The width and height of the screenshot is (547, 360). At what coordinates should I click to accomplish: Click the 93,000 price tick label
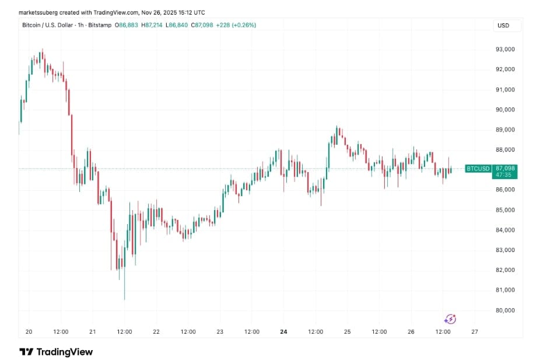504,50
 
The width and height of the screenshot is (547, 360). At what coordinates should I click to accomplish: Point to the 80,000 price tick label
504,310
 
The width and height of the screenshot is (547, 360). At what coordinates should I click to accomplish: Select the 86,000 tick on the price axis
504,190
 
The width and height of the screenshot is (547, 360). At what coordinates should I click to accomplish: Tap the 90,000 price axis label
504,110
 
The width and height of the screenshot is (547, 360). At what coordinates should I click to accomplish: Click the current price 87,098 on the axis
506,168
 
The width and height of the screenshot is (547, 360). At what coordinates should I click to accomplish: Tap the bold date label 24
283,331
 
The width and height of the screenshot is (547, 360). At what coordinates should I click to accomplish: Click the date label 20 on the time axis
29,331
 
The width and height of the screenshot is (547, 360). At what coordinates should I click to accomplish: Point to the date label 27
474,331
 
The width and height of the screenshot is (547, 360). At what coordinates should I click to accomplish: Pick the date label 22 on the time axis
156,331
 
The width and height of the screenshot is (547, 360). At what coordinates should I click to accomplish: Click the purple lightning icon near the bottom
450,319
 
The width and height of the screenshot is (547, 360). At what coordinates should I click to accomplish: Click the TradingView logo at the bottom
56,352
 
